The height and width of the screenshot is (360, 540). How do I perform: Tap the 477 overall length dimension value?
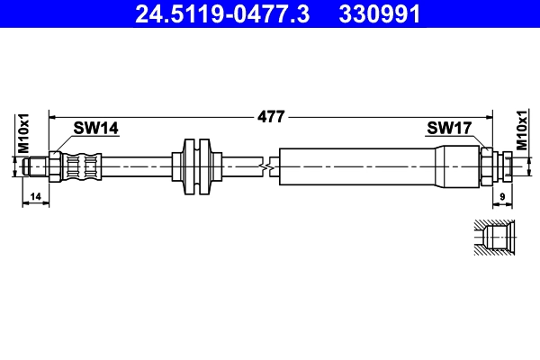pyautogui.click(x=271, y=116)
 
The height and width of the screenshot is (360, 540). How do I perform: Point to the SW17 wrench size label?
pyautogui.click(x=448, y=130)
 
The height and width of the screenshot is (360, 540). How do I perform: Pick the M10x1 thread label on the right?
pyautogui.click(x=521, y=133)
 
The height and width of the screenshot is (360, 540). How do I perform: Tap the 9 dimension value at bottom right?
pyautogui.click(x=500, y=195)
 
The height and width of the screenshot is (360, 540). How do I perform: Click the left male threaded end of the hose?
pyautogui.click(x=36, y=166)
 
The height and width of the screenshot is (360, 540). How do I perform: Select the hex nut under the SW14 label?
pyautogui.click(x=55, y=166)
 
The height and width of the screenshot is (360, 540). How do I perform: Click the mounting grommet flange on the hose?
pyautogui.click(x=195, y=166)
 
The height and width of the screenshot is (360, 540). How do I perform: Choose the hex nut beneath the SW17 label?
pyautogui.click(x=487, y=166)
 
